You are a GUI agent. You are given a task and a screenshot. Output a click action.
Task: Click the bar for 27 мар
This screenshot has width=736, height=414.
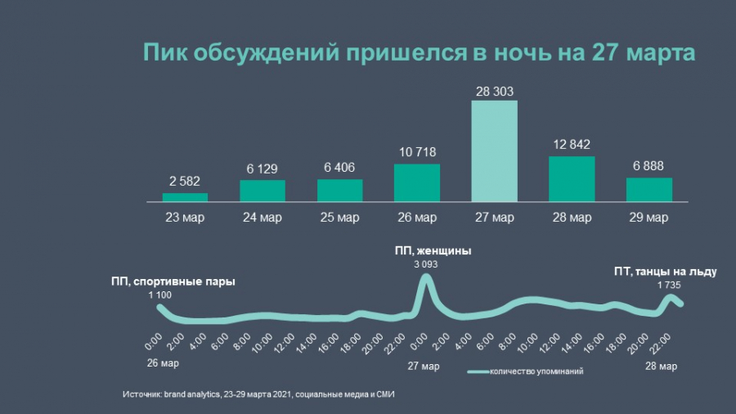[x=495, y=151]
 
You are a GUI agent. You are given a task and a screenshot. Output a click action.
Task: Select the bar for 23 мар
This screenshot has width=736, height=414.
[x=185, y=197]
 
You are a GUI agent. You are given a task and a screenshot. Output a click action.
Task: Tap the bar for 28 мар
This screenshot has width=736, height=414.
[x=572, y=178]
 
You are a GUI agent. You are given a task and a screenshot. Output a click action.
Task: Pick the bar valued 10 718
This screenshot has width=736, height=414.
[x=417, y=182]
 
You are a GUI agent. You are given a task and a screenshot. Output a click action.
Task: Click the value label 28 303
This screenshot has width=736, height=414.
[x=495, y=92]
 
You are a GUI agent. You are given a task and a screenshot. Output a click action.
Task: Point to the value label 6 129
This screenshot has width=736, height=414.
[x=263, y=167]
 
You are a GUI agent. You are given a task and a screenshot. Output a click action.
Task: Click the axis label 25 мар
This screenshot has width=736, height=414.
[x=339, y=218]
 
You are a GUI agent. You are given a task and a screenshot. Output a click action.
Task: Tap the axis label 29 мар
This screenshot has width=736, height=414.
[x=649, y=218]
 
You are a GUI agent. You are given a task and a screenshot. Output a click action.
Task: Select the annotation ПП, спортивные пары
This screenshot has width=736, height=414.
[x=173, y=281]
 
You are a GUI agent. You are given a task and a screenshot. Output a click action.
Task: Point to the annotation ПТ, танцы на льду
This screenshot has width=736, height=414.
[x=665, y=272]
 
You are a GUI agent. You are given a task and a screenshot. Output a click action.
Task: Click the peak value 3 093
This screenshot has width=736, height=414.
[x=424, y=263]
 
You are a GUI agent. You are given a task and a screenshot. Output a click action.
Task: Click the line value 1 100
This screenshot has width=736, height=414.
[x=160, y=294]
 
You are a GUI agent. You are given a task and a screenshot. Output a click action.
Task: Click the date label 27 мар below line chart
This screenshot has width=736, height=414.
[x=423, y=366]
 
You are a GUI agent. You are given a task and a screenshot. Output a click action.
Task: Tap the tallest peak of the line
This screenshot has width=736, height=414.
[x=425, y=277]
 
